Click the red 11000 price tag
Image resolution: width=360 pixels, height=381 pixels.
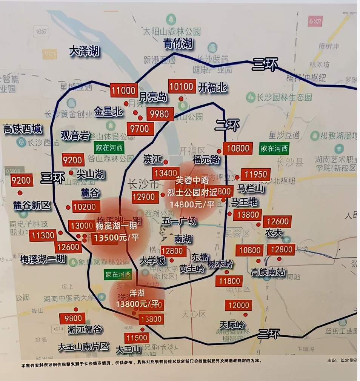coord(124,91)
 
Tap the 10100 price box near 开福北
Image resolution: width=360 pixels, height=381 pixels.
coord(182,87)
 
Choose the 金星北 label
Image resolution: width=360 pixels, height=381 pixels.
coord(109,111)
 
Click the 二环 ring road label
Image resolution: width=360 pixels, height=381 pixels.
coord(227,125)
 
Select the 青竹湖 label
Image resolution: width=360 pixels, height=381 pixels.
coord(178,44)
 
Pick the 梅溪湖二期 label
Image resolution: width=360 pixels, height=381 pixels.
coord(43,259)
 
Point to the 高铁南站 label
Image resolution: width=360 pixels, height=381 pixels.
coord(268,272)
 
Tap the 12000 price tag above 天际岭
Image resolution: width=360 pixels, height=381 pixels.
coord(239,305)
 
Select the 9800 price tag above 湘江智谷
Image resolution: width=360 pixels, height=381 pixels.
coord(73,318)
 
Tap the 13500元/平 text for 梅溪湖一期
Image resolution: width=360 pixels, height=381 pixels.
coord(117,238)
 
